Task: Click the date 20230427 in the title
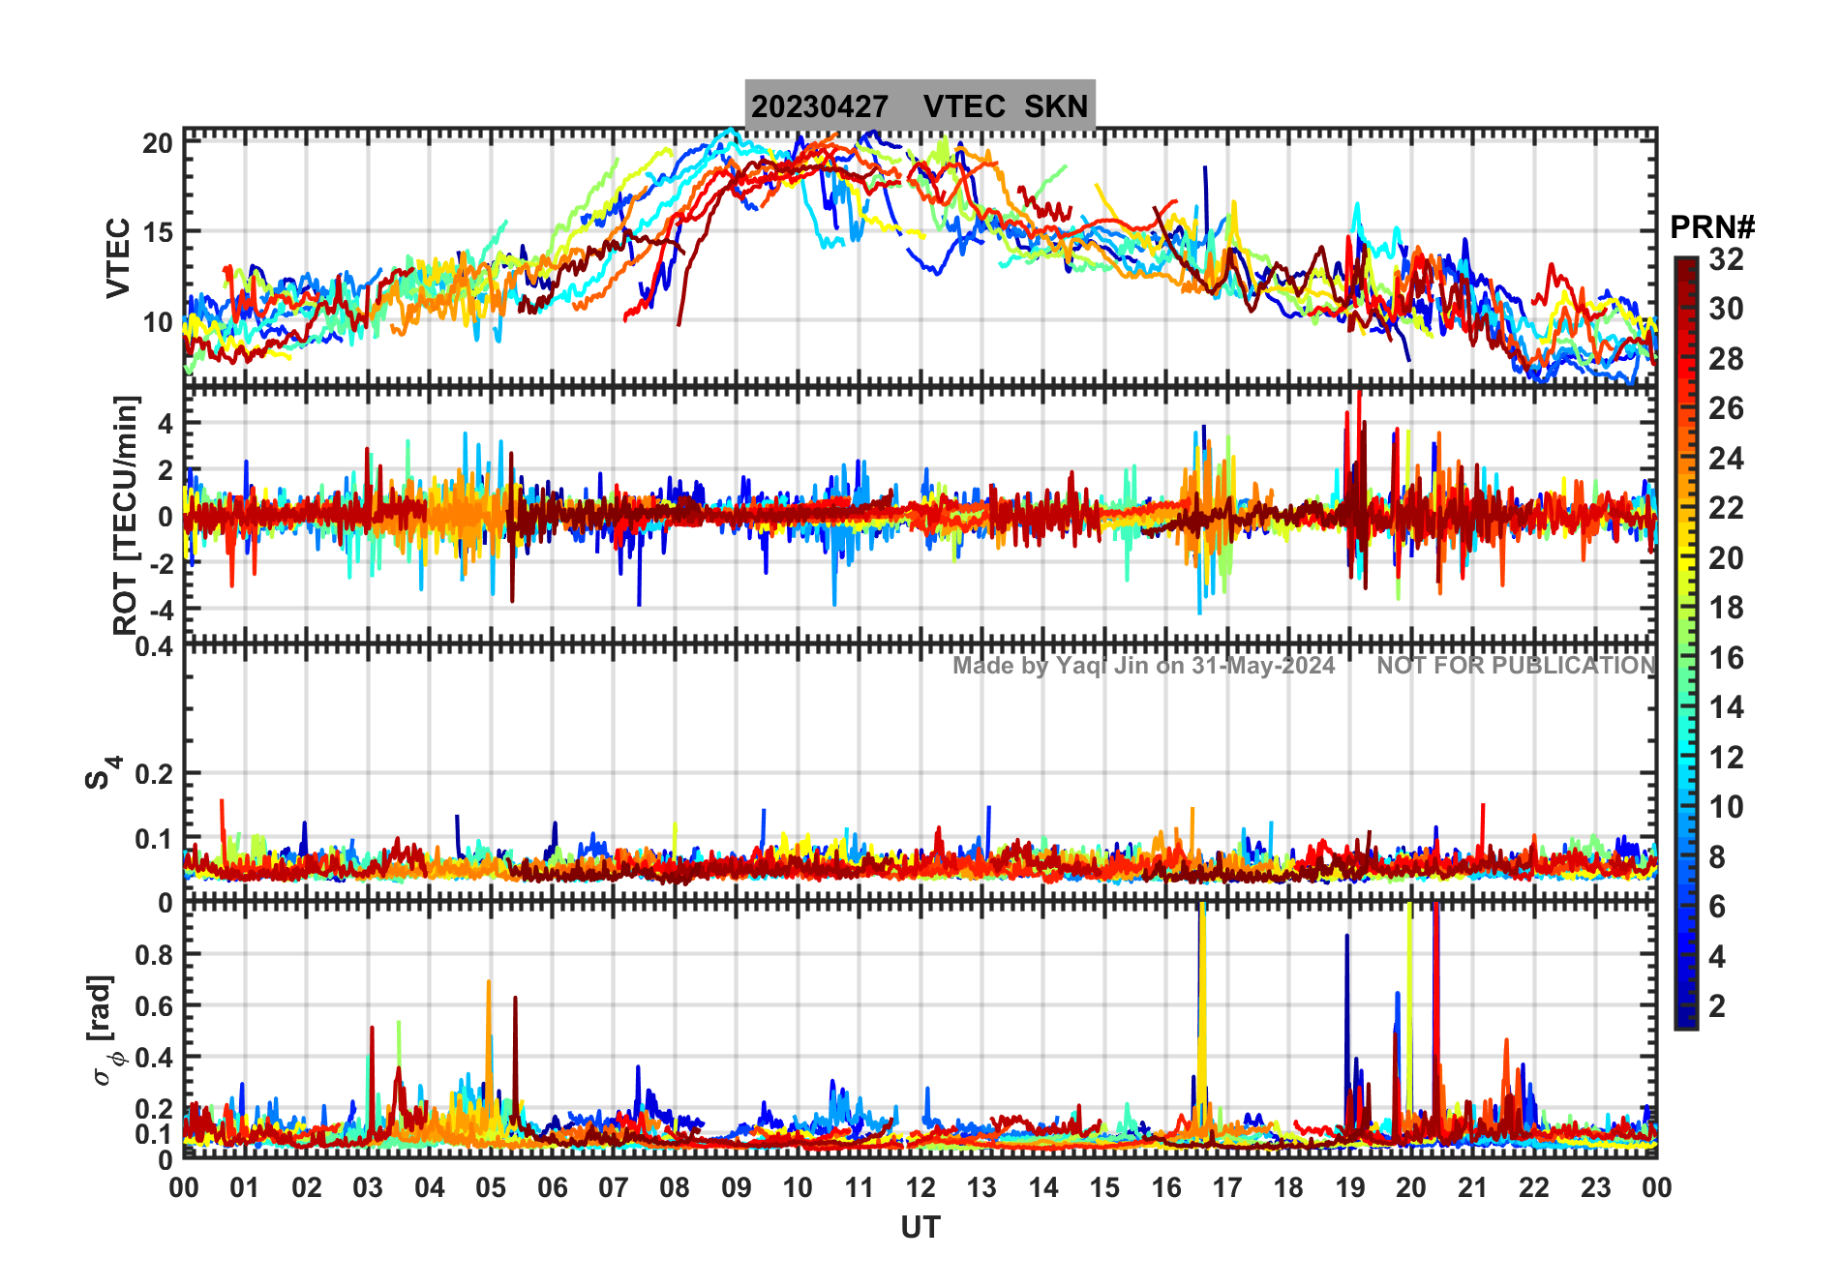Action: [819, 106]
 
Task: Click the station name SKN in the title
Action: [1056, 106]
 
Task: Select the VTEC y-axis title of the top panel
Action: [118, 257]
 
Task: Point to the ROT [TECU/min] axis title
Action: [126, 515]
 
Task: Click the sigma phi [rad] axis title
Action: [106, 1031]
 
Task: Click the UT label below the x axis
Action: [920, 1228]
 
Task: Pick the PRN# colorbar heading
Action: [1711, 227]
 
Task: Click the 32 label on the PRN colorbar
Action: [1726, 259]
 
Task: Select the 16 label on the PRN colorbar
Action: [1726, 658]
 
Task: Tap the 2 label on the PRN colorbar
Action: [1717, 1006]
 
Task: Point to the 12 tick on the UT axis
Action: [920, 1187]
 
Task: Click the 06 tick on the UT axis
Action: [552, 1187]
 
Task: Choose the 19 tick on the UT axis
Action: [1349, 1187]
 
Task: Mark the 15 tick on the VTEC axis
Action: [158, 232]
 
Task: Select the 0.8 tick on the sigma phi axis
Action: [155, 954]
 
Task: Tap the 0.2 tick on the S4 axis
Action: [155, 774]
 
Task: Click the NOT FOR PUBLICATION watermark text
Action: [1516, 666]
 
